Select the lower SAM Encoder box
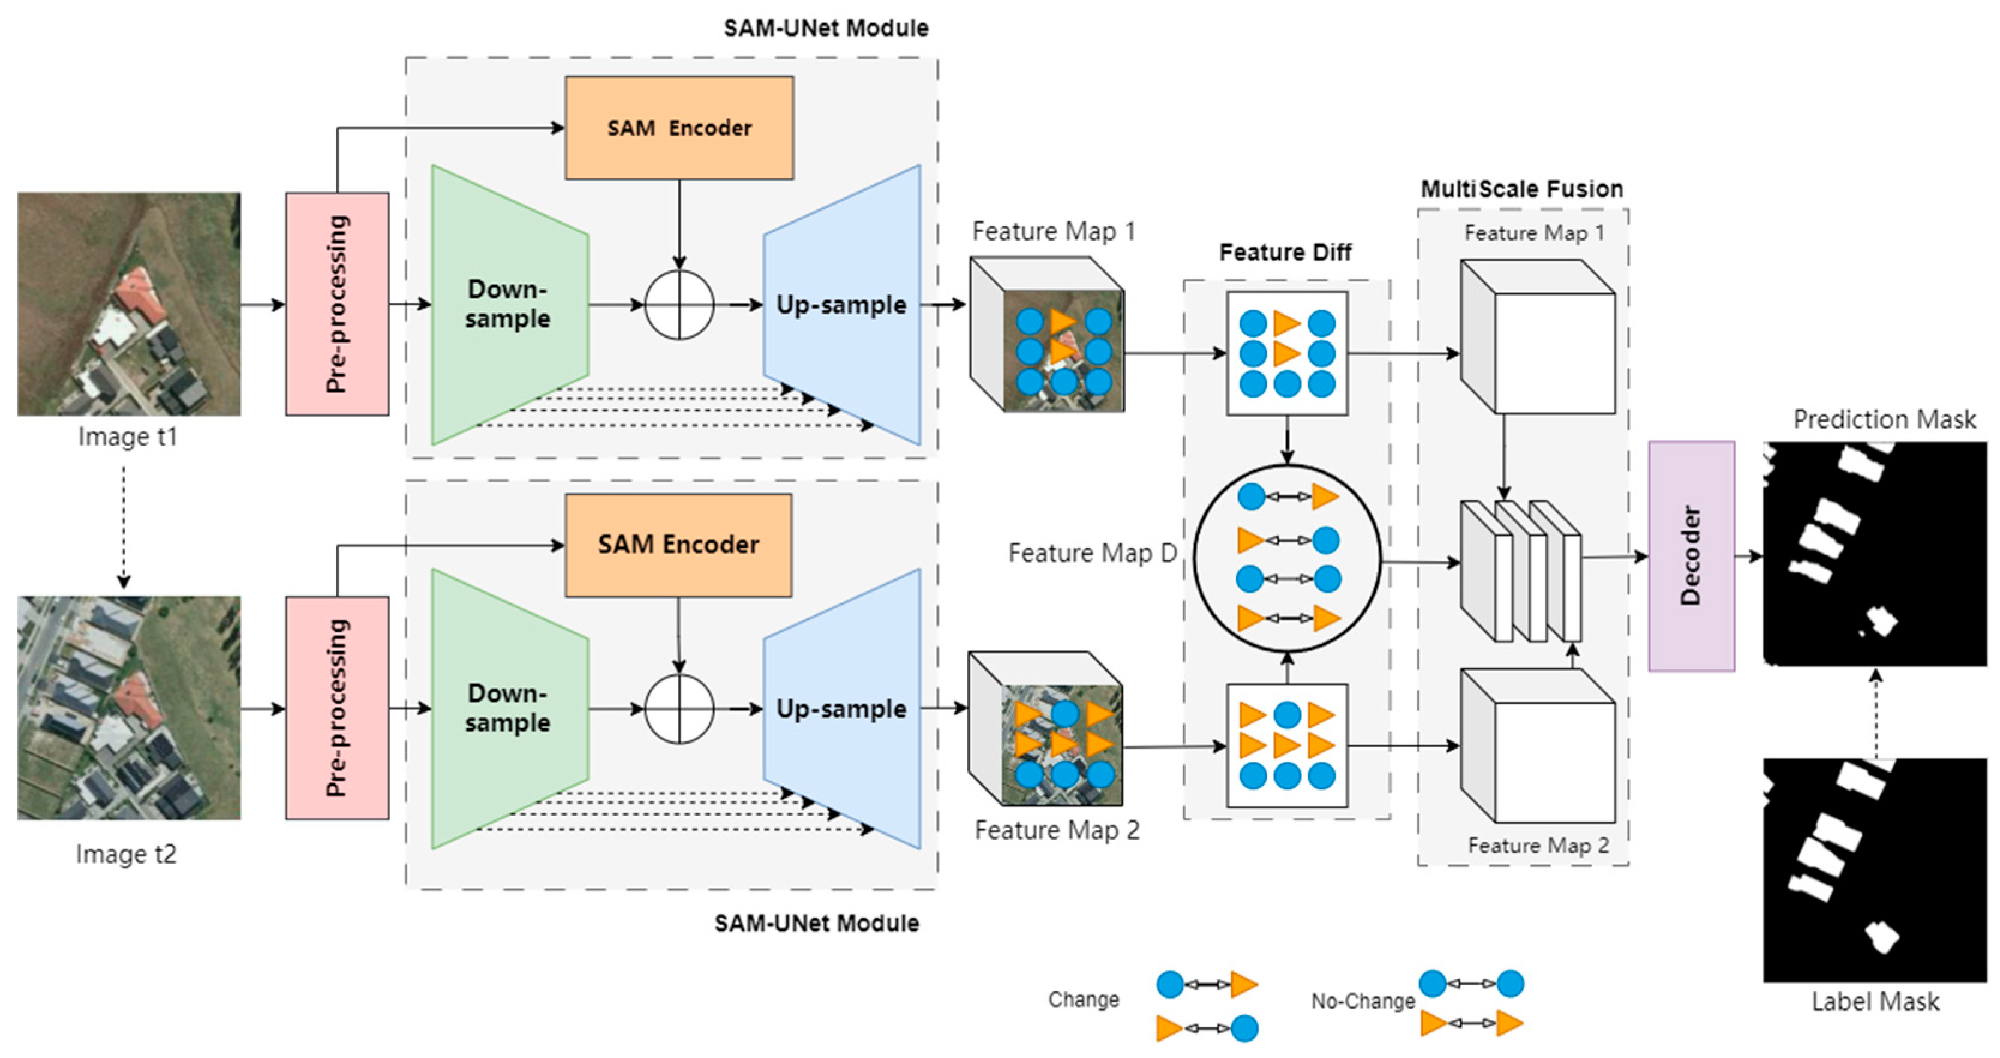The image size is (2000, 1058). (x=679, y=545)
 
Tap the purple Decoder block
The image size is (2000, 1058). (x=1691, y=556)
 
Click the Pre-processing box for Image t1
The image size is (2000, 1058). (x=337, y=303)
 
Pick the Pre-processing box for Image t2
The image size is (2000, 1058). (x=337, y=708)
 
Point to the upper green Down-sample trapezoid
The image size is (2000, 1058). (x=509, y=304)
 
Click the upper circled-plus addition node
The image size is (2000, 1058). (x=679, y=305)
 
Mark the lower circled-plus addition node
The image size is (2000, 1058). (x=679, y=709)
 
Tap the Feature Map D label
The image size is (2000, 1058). (x=1091, y=552)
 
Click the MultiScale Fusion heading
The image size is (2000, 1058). (x=1522, y=188)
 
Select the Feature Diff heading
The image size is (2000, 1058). (x=1285, y=253)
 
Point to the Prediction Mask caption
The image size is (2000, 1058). (x=1884, y=420)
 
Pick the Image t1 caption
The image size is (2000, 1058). (x=127, y=437)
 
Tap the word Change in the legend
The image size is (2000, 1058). (x=1083, y=1000)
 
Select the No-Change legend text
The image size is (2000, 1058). (x=1363, y=1002)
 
